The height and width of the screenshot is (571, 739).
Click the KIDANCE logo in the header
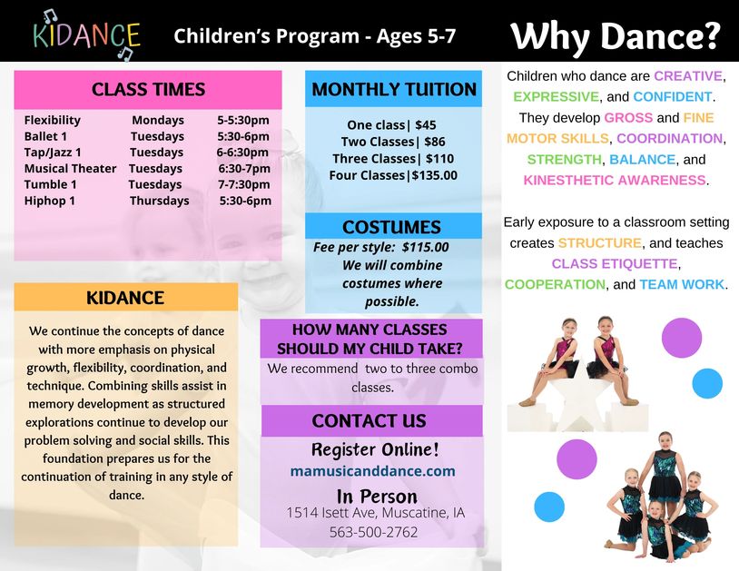[x=87, y=35]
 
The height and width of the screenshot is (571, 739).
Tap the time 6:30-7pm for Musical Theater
[x=244, y=168]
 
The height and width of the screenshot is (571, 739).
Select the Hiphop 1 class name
[x=50, y=201]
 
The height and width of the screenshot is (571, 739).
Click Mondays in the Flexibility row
[x=158, y=120]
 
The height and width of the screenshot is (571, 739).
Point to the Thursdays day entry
[x=159, y=201]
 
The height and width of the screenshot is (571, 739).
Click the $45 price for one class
[x=426, y=125]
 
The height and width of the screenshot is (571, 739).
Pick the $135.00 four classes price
[x=435, y=175]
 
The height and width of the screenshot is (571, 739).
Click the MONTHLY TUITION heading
[x=394, y=90]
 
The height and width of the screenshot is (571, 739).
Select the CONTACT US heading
[x=369, y=420]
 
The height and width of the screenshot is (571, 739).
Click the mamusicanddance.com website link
[x=373, y=471]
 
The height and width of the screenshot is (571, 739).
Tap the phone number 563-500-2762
[x=373, y=532]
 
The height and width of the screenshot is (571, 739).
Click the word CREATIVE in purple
[x=687, y=76]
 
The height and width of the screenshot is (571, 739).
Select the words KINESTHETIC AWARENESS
[x=614, y=180]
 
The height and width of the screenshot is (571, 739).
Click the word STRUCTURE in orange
[x=599, y=243]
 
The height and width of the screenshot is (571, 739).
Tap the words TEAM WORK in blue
[x=682, y=284]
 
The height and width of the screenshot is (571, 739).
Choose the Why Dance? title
[x=615, y=36]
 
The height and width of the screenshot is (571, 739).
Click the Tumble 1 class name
[x=51, y=184]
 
